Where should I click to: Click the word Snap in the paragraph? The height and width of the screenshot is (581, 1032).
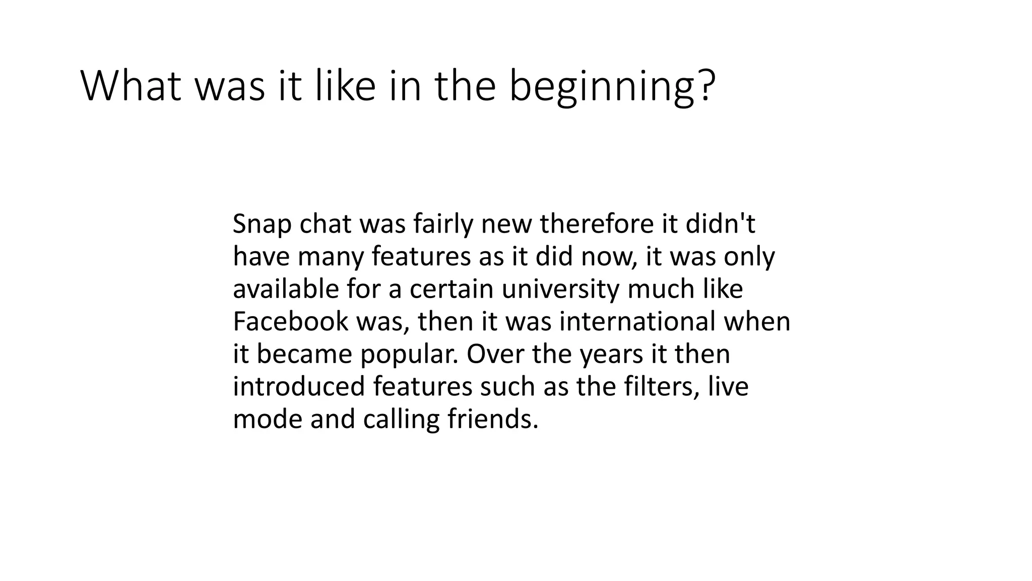[262, 225]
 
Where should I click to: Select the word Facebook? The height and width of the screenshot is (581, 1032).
[290, 322]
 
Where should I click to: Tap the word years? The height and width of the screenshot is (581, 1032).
[611, 355]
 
